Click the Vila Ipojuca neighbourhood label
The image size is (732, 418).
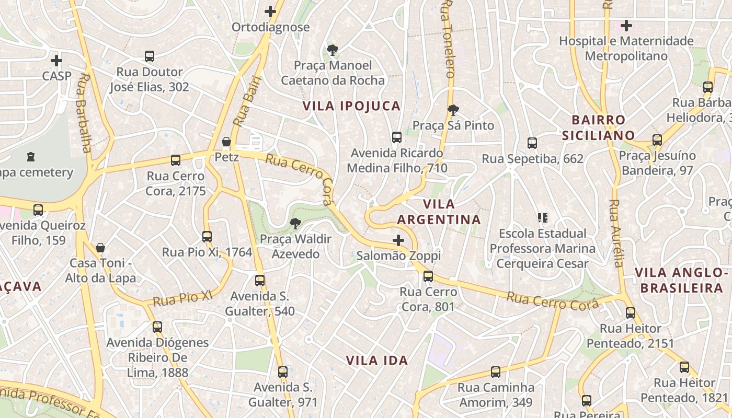(x=351, y=106)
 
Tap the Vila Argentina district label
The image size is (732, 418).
(x=439, y=212)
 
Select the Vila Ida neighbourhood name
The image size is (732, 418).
(x=377, y=361)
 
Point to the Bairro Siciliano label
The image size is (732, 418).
(x=598, y=127)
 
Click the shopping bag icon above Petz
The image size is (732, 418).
(x=226, y=142)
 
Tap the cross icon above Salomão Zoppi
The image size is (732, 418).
(x=398, y=240)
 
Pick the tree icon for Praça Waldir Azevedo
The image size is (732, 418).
(x=295, y=224)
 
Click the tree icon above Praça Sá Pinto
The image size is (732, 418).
(x=453, y=110)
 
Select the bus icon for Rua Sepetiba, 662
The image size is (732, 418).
(x=532, y=143)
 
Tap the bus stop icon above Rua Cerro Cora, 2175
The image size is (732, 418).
(x=176, y=160)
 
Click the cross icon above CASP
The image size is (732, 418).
(x=56, y=61)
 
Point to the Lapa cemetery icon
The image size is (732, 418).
(x=31, y=156)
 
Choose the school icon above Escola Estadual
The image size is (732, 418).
(x=542, y=217)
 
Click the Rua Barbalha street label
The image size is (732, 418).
(x=84, y=113)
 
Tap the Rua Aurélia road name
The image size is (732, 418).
(x=616, y=233)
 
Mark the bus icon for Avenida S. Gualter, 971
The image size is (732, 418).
(x=283, y=372)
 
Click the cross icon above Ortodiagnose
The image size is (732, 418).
(x=270, y=11)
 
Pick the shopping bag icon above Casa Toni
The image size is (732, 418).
(x=100, y=247)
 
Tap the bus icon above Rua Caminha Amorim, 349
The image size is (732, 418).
(x=496, y=372)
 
